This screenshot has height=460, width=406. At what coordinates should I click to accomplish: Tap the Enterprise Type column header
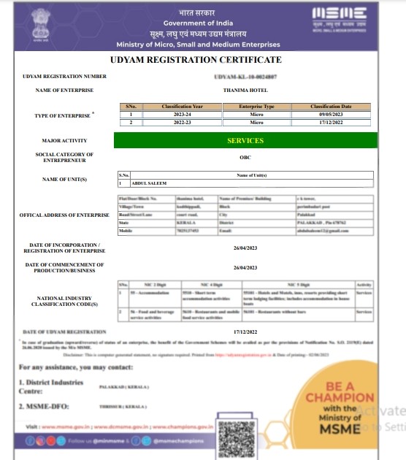(258, 107)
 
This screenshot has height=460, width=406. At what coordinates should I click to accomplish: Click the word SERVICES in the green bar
(245, 140)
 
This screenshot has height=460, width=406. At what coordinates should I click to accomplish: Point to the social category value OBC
(245, 157)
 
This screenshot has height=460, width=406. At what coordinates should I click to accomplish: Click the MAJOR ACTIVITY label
(64, 140)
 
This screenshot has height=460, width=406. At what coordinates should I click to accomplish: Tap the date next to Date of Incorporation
(245, 248)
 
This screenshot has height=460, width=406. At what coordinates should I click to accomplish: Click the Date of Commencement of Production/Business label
(64, 268)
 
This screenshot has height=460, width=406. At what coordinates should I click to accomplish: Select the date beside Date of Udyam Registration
(245, 331)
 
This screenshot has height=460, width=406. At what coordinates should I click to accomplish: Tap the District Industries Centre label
(49, 386)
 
